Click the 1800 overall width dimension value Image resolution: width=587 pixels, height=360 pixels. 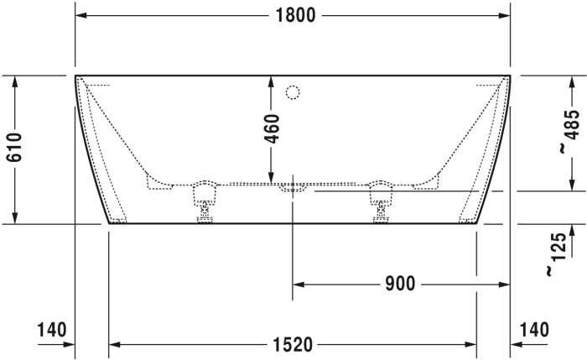293,15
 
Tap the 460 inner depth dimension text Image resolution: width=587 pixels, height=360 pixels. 273,129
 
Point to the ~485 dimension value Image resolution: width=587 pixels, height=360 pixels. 569,133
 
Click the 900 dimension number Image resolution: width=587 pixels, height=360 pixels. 401,284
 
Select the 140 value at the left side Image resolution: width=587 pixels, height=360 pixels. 51,329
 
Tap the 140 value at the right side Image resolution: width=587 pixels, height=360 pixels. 534,329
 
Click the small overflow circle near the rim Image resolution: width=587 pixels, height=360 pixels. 293,91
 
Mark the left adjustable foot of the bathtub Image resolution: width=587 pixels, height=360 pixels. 205,201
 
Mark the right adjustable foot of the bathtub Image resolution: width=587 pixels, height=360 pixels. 382,201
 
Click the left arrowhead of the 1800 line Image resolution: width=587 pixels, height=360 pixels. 80,15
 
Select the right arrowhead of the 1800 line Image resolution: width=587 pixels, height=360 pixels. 506,15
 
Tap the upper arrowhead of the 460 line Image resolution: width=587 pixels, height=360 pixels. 272,80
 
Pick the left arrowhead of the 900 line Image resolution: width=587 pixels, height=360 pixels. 297,284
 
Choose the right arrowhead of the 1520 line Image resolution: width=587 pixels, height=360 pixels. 472,344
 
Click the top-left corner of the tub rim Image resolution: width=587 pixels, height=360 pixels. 76,76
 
